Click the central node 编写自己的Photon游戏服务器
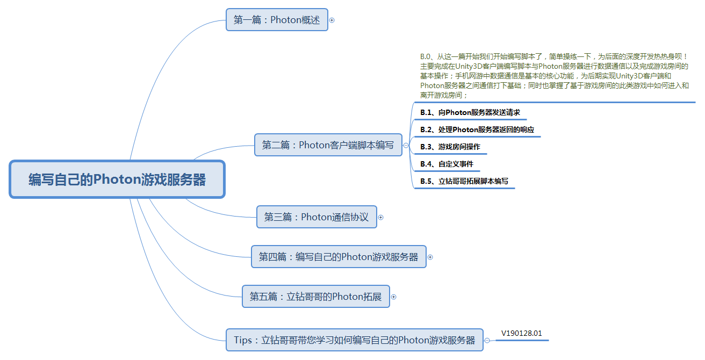tap(117, 179)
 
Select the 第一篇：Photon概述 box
tap(277, 20)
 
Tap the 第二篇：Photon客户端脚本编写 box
tap(328, 145)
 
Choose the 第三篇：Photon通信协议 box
tap(316, 217)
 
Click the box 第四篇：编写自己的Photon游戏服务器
tap(339, 257)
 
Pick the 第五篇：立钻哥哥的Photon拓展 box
tap(316, 297)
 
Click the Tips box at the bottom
tap(355, 340)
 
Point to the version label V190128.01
tap(521, 333)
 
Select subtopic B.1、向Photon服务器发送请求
tap(470, 112)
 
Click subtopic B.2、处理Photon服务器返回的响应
tap(477, 129)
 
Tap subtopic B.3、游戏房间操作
tap(450, 147)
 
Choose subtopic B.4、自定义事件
tap(447, 164)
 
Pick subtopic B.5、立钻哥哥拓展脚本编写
tap(464, 181)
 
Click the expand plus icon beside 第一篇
tap(332, 20)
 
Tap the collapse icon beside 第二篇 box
tap(406, 145)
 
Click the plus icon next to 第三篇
tap(380, 218)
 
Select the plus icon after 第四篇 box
tap(430, 257)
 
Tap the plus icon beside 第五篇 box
tap(393, 297)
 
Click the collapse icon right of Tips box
tap(487, 341)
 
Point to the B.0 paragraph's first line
tap(553, 56)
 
